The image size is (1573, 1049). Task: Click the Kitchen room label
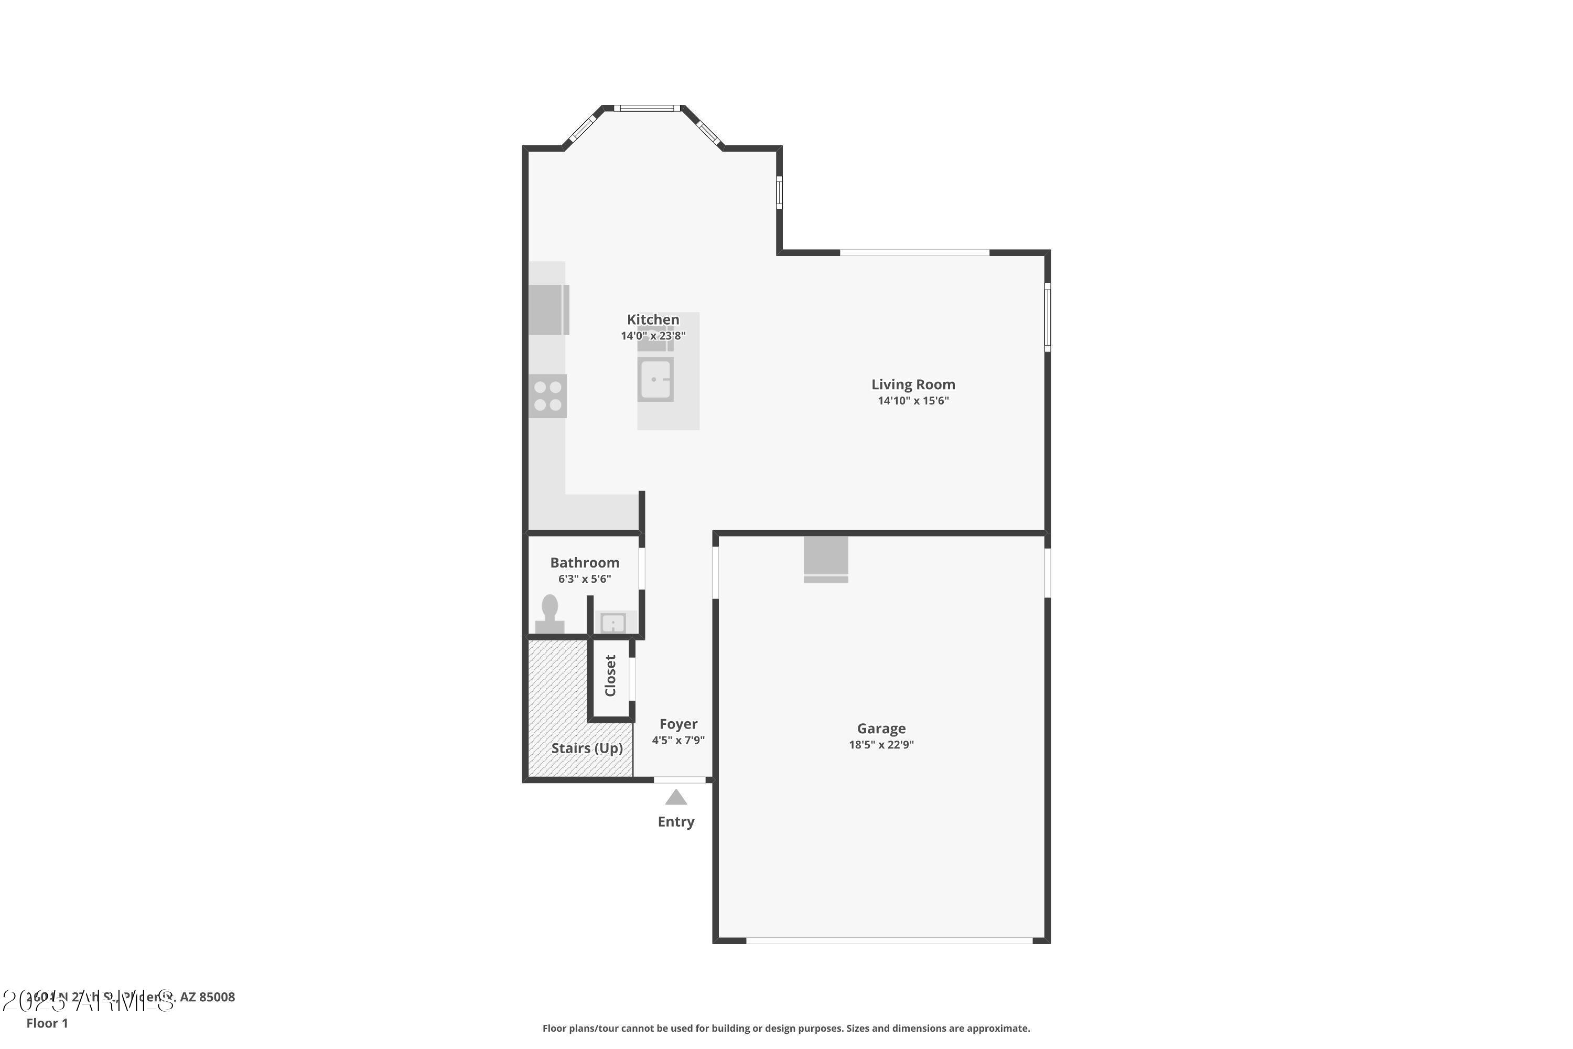pos(653,320)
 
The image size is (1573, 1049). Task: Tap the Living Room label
pos(913,384)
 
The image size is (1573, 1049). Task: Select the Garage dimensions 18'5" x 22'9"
pos(881,745)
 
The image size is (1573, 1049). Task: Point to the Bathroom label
pos(585,563)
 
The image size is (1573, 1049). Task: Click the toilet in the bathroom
pos(550,614)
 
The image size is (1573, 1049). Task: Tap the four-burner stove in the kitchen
pos(548,396)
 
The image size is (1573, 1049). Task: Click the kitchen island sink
pos(655,379)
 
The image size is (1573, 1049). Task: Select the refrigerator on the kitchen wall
pos(548,310)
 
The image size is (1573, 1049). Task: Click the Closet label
pos(610,676)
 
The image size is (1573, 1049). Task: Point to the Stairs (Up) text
pos(587,748)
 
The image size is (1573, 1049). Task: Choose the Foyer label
pos(678,724)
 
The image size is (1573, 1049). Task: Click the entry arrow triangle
pos(676,797)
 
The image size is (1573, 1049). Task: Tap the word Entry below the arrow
pos(676,821)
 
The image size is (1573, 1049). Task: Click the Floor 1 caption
pos(47,1023)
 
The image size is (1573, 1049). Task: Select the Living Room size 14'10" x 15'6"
pos(913,401)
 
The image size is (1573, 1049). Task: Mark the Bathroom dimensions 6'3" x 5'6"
pos(585,579)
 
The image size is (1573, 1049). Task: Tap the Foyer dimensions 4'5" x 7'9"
pos(678,740)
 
